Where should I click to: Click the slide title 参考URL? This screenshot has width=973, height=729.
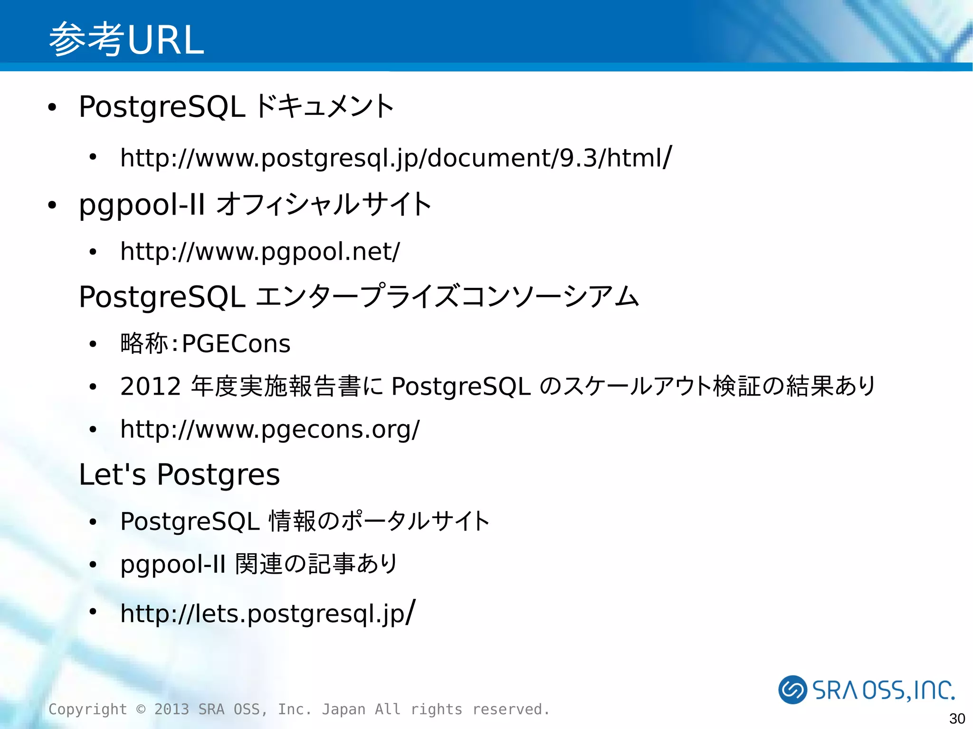[x=126, y=39]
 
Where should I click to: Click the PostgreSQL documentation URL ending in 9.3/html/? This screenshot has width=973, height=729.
[x=396, y=158]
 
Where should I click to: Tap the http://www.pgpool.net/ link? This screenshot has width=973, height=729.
[x=260, y=251]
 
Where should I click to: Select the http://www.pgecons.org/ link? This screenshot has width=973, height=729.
[x=270, y=429]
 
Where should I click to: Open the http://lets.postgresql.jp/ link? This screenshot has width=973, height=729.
[x=267, y=613]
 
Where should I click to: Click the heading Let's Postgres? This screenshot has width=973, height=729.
[x=179, y=474]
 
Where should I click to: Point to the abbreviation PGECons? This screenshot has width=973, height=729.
[x=236, y=343]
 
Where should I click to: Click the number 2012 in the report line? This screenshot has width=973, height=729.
[x=151, y=386]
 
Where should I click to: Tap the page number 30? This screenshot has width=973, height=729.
[x=957, y=719]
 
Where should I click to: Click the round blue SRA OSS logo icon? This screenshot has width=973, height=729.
[x=792, y=689]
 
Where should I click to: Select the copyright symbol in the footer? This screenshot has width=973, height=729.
[x=141, y=709]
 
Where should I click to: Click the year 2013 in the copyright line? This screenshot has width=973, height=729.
[x=172, y=709]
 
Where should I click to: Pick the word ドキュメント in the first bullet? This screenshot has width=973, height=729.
[x=324, y=106]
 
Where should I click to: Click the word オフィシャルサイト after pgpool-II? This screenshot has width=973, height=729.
[x=324, y=204]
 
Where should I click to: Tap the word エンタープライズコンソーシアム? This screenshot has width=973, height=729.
[x=447, y=296]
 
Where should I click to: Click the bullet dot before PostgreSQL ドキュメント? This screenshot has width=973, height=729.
[x=52, y=108]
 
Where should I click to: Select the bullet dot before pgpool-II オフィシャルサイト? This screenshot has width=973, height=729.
[x=52, y=206]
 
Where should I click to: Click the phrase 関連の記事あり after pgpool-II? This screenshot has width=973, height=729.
[x=316, y=564]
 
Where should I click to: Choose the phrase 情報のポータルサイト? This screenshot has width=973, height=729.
[x=379, y=521]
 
